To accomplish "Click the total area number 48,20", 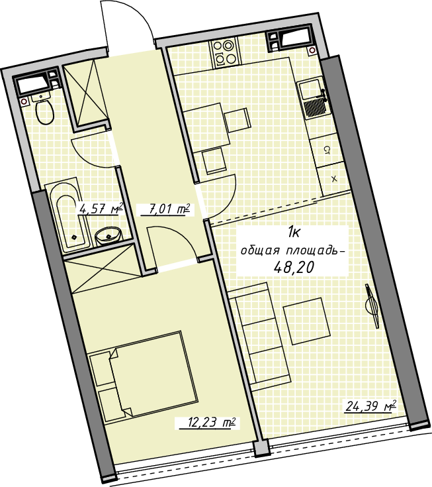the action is tap(293, 267).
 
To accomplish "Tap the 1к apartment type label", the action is tap(293, 232).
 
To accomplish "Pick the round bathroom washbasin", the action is tap(108, 237).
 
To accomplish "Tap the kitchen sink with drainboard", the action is tap(314, 99).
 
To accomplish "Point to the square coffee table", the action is tap(307, 321).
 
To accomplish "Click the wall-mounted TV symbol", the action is tap(372, 305).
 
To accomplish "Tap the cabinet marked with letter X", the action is tap(334, 179).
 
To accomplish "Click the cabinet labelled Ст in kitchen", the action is tap(326, 150).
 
